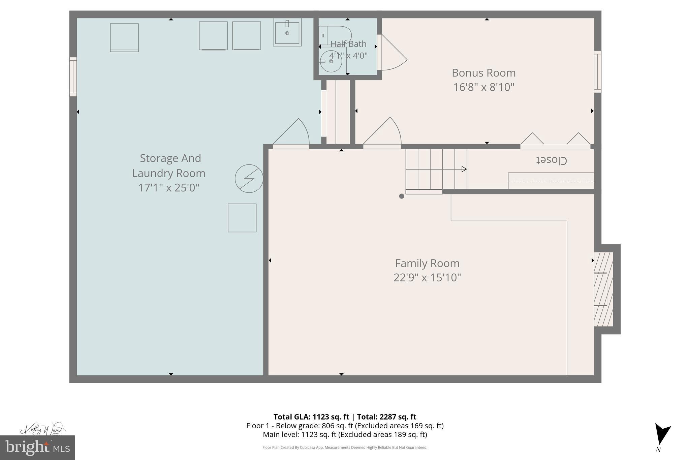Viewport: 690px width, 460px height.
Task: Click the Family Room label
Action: [427, 263]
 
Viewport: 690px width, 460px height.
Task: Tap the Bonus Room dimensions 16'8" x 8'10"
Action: [483, 87]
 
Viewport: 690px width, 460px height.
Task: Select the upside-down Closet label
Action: [552, 160]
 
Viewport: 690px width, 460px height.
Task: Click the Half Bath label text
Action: [348, 44]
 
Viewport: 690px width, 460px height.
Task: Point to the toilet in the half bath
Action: [337, 35]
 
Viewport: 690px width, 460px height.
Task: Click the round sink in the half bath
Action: [331, 61]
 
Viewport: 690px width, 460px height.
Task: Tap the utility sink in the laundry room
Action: [287, 32]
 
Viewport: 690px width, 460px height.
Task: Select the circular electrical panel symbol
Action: [249, 179]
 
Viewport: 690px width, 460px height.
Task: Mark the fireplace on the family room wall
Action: [603, 289]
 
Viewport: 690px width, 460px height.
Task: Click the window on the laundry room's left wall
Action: [73, 77]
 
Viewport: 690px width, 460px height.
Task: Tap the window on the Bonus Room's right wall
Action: [597, 71]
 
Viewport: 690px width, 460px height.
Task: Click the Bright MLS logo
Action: [37, 448]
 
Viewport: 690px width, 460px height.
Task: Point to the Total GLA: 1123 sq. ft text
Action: [311, 417]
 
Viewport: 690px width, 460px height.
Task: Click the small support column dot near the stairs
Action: [401, 196]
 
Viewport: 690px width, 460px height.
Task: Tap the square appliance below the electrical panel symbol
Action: [242, 218]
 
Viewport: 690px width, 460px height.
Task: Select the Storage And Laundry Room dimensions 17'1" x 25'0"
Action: [169, 188]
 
